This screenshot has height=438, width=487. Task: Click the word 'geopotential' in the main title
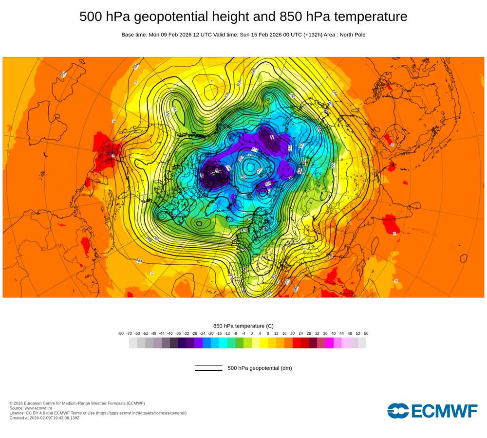click(x=185, y=17)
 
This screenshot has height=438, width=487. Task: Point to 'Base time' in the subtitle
click(x=134, y=35)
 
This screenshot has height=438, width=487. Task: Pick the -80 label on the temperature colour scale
click(x=121, y=333)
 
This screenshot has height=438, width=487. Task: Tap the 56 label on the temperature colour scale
click(x=366, y=333)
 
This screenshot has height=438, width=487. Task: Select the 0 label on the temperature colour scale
click(x=252, y=333)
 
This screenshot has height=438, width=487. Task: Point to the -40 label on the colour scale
click(x=170, y=333)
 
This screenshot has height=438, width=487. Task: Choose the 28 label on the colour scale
click(x=309, y=333)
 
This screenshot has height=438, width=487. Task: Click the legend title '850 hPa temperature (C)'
click(x=243, y=326)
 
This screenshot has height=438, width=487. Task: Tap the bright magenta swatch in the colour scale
click(x=329, y=343)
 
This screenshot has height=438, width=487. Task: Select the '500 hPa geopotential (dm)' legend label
click(x=260, y=368)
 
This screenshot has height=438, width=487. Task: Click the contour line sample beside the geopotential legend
click(x=208, y=368)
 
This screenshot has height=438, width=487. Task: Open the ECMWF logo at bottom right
click(x=432, y=410)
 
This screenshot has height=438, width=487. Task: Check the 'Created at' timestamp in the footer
click(x=44, y=418)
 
